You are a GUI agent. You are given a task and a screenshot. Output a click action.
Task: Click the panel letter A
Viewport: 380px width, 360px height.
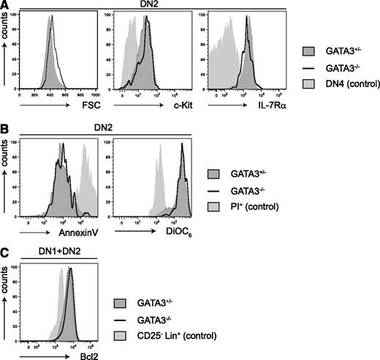[5, 6]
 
